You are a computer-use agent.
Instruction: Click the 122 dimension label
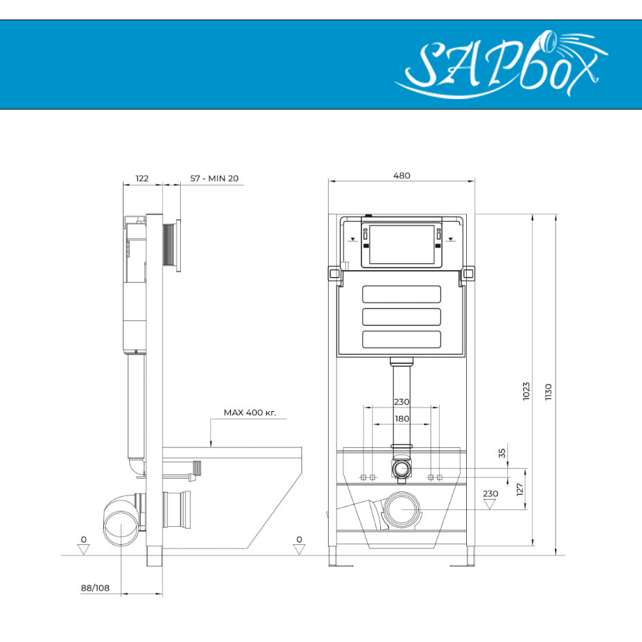coord(142,179)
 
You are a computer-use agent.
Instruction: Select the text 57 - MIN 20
coord(214,179)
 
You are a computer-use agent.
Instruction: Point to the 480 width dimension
coord(402,176)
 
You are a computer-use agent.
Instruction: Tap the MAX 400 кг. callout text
coord(250,412)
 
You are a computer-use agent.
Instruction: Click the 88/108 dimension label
coord(96,588)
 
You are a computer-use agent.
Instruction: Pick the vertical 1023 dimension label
coord(527,391)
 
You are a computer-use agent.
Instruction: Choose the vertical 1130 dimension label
coord(548,392)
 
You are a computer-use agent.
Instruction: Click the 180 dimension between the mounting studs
coord(402,419)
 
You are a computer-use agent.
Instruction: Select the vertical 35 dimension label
coord(502,453)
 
